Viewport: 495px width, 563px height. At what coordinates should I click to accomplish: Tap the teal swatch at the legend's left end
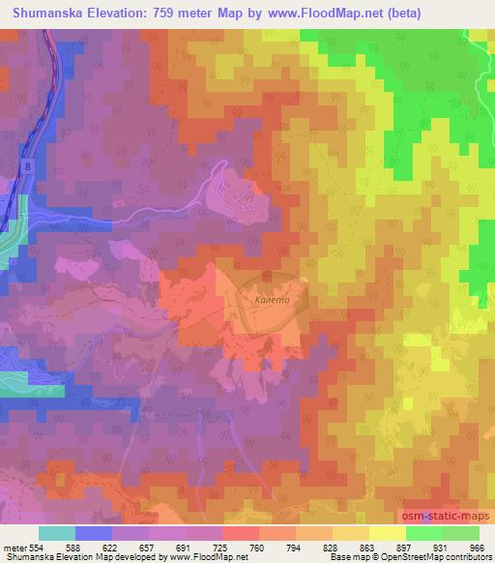(x=57, y=533)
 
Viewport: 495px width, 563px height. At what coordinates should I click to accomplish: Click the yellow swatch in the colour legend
(x=388, y=533)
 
